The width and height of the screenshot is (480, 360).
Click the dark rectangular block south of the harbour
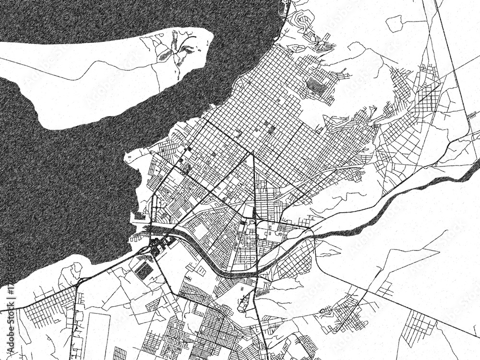coord(144,271)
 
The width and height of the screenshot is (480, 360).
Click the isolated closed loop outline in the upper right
coord(395,23)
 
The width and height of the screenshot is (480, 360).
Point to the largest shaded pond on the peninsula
coord(166,56)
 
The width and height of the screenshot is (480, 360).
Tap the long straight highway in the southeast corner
coord(408,310)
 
